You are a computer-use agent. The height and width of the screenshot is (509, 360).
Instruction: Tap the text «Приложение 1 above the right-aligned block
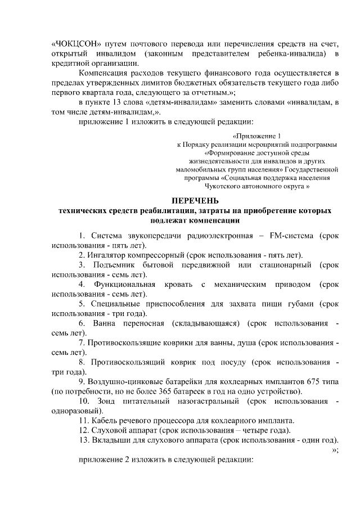(256, 136)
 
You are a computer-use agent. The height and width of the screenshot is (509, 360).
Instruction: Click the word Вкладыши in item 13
(112, 440)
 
